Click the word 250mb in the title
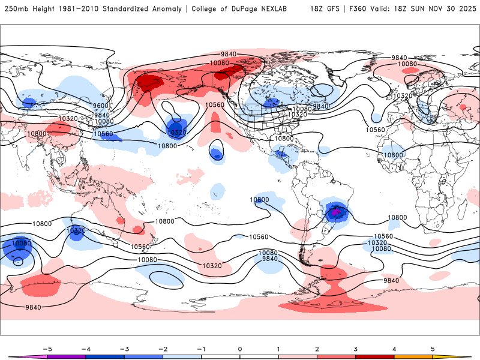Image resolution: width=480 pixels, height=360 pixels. pyautogui.click(x=16, y=9)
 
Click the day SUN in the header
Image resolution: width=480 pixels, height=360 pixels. pyautogui.click(x=418, y=9)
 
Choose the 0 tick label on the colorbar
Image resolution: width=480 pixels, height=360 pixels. pyautogui.click(x=240, y=348)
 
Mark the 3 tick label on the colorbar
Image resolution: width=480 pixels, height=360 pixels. pyautogui.click(x=355, y=348)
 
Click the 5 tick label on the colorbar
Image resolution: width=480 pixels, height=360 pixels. pyautogui.click(x=433, y=348)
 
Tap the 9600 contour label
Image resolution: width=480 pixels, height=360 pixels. pyautogui.click(x=101, y=106)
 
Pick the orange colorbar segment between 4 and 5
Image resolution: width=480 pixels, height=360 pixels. pyautogui.click(x=413, y=356)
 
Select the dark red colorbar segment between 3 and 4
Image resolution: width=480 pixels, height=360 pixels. pyautogui.click(x=374, y=356)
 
